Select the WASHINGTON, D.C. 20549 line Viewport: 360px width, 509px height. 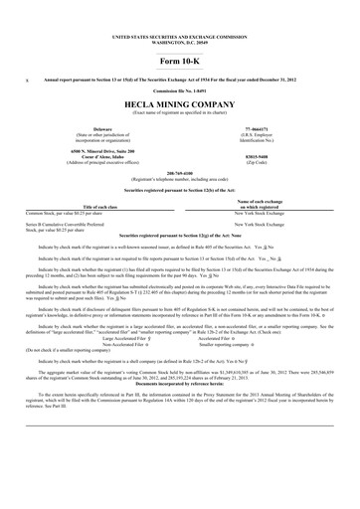coord(180,23)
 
